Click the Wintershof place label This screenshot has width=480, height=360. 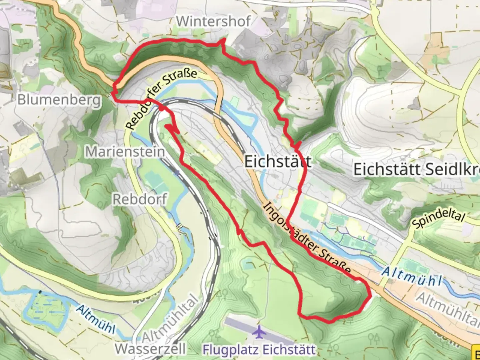click(213, 21)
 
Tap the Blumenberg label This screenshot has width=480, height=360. click(59, 99)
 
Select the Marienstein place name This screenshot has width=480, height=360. click(125, 152)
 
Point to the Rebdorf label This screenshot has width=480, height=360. click(140, 199)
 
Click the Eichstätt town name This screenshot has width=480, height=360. click(278, 162)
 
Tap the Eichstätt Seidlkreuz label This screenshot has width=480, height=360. click(417, 169)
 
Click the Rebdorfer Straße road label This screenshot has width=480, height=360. click(161, 99)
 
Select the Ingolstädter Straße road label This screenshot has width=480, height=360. click(307, 238)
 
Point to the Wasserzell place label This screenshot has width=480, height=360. click(150, 349)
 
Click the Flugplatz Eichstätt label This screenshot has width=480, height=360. click(259, 350)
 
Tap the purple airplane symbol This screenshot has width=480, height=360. click(258, 332)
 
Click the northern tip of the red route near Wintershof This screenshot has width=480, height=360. click(224, 39)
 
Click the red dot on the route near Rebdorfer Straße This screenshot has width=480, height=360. click(161, 108)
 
